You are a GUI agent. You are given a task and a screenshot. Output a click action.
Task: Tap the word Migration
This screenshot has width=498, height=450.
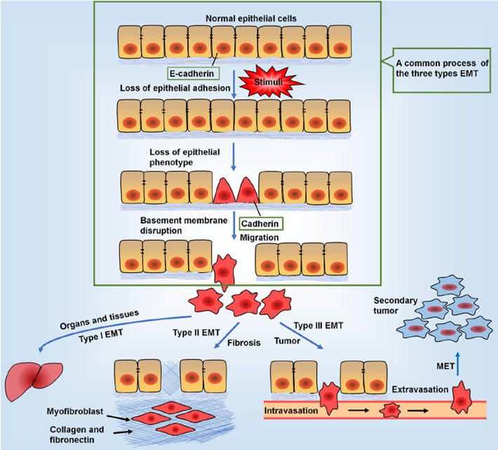click(260, 238)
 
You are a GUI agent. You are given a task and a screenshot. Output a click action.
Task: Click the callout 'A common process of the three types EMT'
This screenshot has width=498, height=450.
click(438, 66)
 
